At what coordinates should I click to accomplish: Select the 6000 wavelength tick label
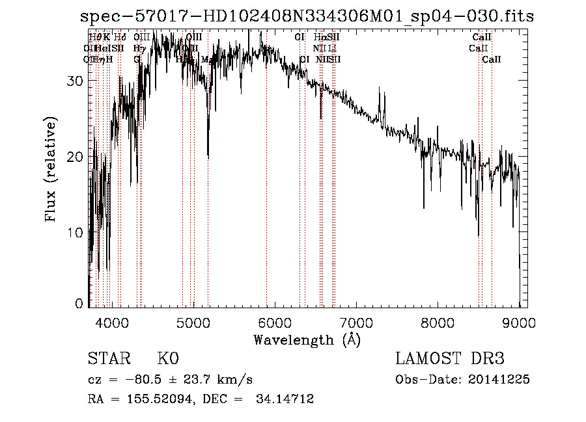coord(274,321)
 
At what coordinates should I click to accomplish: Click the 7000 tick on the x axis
coord(356,321)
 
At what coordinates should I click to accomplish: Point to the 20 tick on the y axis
coord(76,157)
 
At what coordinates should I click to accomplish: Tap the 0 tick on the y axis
coord(79,304)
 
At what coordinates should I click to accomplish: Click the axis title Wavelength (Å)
coord(307,339)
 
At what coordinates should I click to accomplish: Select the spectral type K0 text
coord(167,359)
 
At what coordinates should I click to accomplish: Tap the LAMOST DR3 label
coord(450,359)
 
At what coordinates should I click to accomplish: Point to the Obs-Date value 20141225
coord(504,380)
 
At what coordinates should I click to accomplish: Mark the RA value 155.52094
coord(143,399)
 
